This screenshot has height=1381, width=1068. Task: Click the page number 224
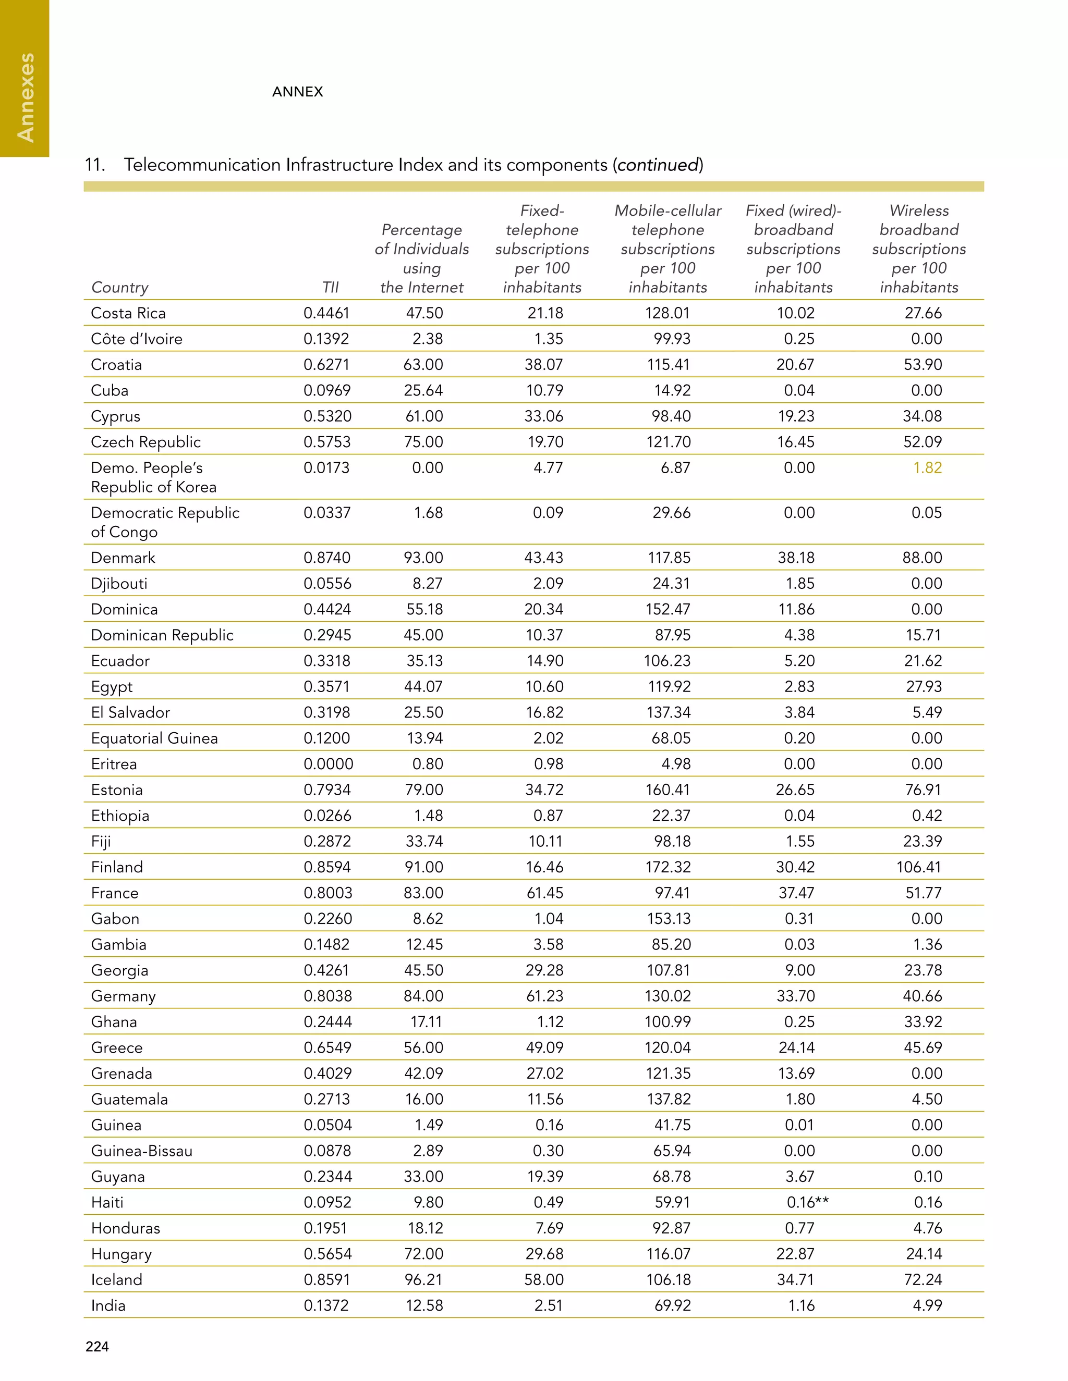[x=97, y=1346]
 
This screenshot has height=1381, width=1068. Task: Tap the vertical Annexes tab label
[x=26, y=97]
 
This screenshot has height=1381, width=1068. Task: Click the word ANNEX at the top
[x=297, y=92]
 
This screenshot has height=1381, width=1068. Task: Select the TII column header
[x=330, y=287]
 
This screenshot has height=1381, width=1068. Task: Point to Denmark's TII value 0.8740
[x=326, y=557]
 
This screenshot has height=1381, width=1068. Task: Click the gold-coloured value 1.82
[x=927, y=467]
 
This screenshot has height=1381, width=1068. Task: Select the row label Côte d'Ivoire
[x=137, y=338]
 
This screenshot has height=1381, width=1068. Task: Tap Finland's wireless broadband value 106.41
[x=919, y=867]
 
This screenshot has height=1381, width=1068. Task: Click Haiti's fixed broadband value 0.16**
[x=807, y=1202]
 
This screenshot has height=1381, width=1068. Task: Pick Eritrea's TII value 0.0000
[x=327, y=764]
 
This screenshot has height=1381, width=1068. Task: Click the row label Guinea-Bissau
[x=142, y=1150]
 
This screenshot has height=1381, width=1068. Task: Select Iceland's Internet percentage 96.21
[x=423, y=1279]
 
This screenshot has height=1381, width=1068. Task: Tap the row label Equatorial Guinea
[x=154, y=738]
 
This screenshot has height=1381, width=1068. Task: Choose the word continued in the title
[x=658, y=165]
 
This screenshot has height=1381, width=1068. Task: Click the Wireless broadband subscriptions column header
[x=919, y=249]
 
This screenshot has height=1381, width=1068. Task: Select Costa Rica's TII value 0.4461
[x=326, y=313]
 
